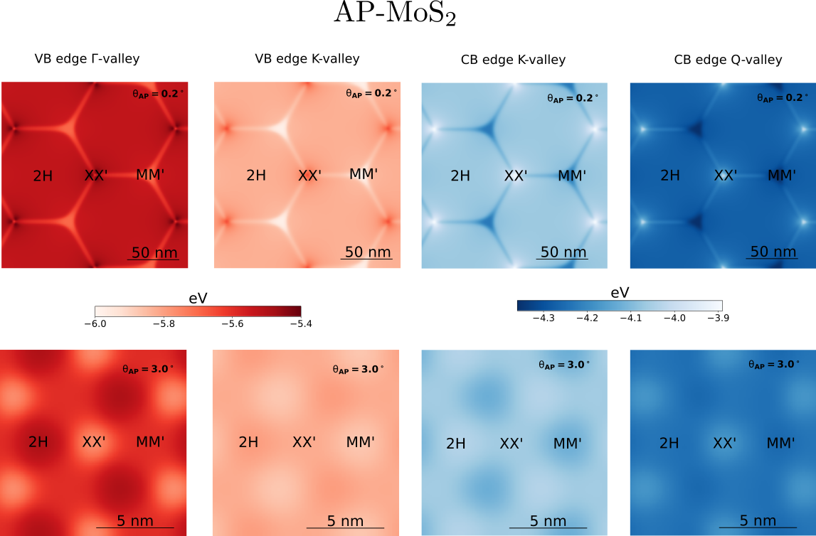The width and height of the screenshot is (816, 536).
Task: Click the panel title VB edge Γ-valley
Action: [x=87, y=59]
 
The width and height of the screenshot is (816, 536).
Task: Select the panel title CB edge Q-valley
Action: [x=728, y=60]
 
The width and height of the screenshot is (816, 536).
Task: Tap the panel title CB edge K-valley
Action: [x=513, y=60]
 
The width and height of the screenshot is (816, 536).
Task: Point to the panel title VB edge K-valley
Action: [x=307, y=59]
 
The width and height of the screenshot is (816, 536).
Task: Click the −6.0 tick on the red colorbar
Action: [x=95, y=323]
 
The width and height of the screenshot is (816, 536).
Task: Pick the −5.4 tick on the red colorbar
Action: [x=300, y=323]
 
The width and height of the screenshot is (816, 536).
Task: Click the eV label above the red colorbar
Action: [x=198, y=299]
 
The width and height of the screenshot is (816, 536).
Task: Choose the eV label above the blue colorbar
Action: [x=620, y=292]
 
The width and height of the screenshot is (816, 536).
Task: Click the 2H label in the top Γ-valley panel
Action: [x=43, y=176]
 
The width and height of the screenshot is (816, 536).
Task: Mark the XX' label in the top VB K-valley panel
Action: [x=309, y=176]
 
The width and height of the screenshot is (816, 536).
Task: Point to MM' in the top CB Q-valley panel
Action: [x=782, y=176]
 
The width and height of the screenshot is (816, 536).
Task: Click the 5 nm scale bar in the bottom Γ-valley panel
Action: [x=135, y=522]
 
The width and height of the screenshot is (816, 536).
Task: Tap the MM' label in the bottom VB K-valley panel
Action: [x=361, y=442]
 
